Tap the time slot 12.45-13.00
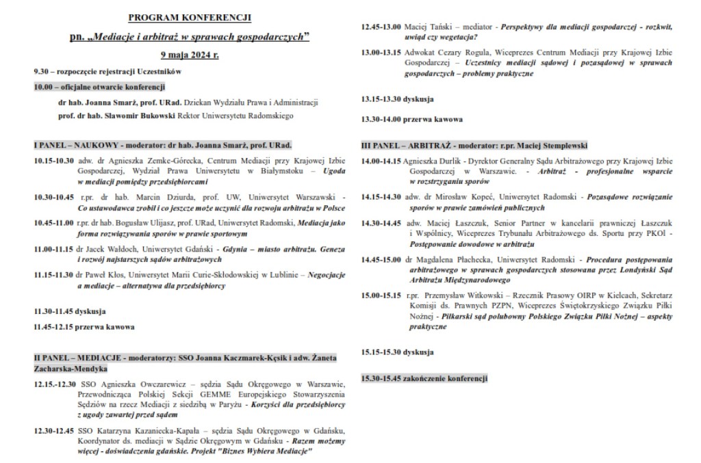click(x=381, y=26)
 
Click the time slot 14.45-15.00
click(x=381, y=261)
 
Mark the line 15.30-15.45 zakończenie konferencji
click(x=424, y=378)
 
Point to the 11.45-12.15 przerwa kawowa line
click(x=84, y=327)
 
